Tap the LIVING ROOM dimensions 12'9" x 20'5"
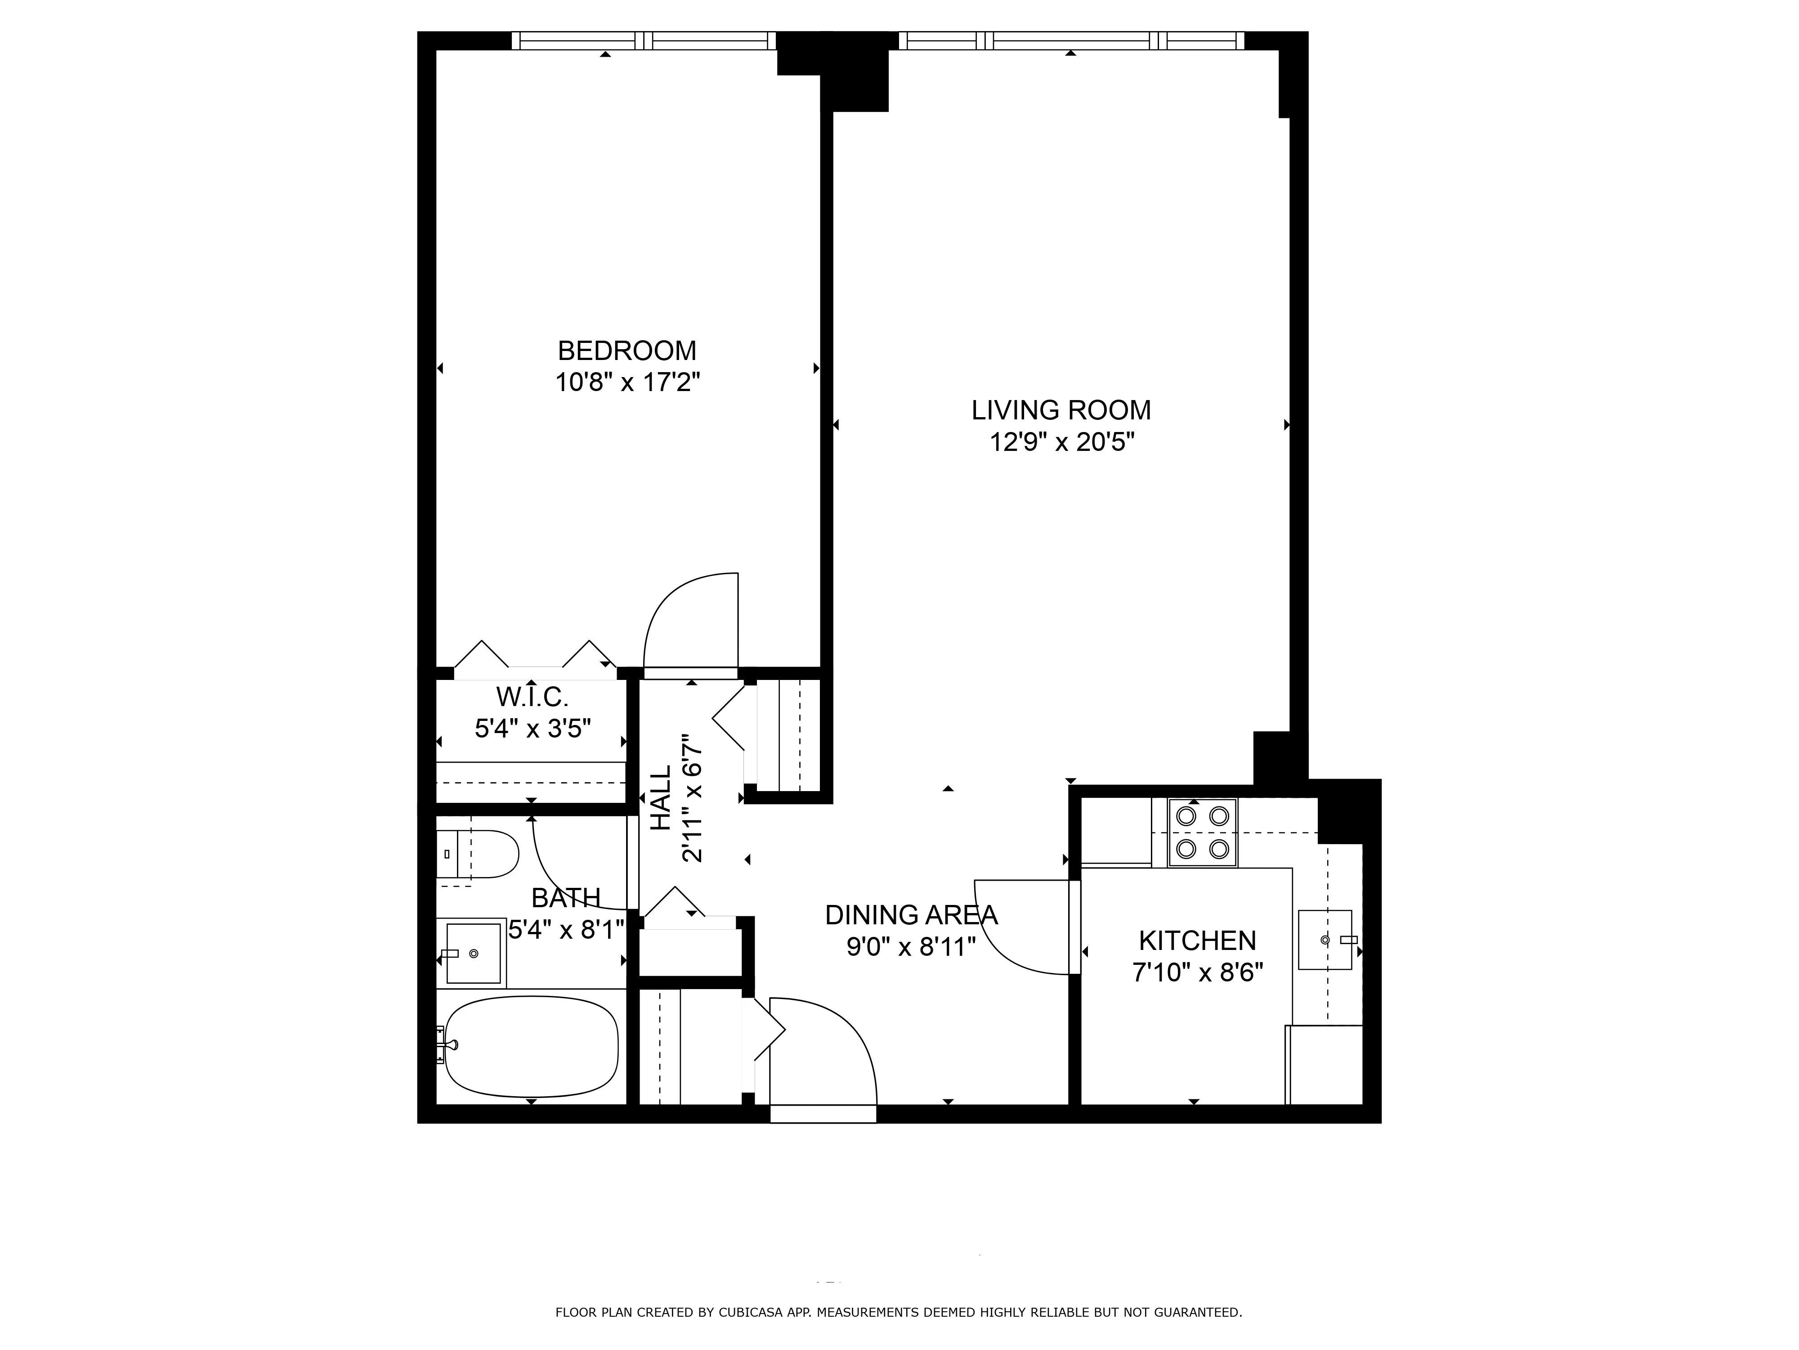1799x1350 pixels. (1061, 443)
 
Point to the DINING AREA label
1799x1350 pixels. (910, 915)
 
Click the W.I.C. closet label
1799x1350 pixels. (532, 697)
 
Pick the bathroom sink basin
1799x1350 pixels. (473, 953)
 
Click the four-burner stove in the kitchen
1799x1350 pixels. (1202, 832)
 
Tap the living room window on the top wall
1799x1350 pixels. (1071, 40)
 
